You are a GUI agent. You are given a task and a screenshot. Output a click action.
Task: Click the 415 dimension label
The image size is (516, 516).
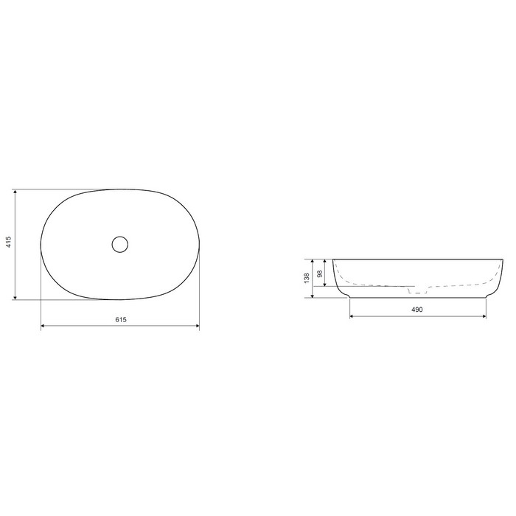(x=9, y=242)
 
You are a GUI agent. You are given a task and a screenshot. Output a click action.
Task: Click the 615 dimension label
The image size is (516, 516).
(x=121, y=319)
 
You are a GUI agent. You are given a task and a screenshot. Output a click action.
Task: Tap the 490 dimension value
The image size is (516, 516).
(x=417, y=310)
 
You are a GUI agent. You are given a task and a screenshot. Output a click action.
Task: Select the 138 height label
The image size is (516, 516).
(x=307, y=278)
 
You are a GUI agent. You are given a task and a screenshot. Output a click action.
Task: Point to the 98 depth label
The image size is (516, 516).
(x=319, y=273)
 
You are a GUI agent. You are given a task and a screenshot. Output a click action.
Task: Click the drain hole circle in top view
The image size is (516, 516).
(x=119, y=244)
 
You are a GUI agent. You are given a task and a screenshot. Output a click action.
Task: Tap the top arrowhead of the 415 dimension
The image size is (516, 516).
(x=15, y=192)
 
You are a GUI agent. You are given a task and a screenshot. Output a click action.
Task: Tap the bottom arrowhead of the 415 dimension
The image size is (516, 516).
(x=15, y=298)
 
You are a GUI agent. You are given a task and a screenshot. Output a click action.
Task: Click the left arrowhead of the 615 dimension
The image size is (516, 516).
(x=43, y=326)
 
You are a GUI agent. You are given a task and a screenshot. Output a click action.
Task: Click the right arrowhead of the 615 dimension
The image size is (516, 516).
(x=198, y=326)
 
